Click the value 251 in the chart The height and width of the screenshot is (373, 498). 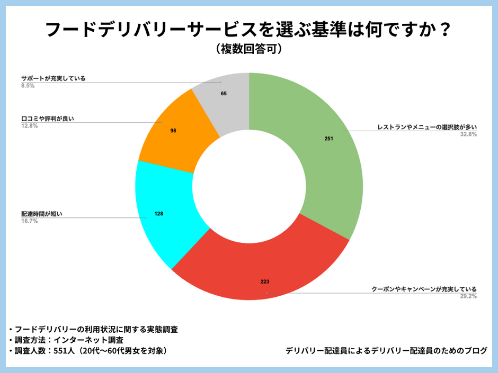click(x=329, y=139)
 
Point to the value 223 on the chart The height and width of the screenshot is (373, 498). click(x=265, y=281)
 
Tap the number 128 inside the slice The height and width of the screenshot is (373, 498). click(x=158, y=214)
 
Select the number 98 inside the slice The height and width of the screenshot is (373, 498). click(x=173, y=130)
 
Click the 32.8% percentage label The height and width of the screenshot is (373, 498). click(x=468, y=134)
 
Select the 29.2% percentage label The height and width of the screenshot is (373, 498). click(x=468, y=296)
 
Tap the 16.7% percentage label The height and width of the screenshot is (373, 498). click(x=29, y=221)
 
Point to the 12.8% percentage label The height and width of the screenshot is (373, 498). click(x=29, y=126)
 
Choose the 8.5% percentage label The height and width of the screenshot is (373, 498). click(x=28, y=85)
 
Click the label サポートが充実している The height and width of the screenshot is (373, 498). click(x=53, y=78)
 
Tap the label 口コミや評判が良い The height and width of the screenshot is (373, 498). click(x=48, y=119)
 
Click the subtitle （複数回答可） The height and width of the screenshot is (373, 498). click(x=248, y=49)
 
